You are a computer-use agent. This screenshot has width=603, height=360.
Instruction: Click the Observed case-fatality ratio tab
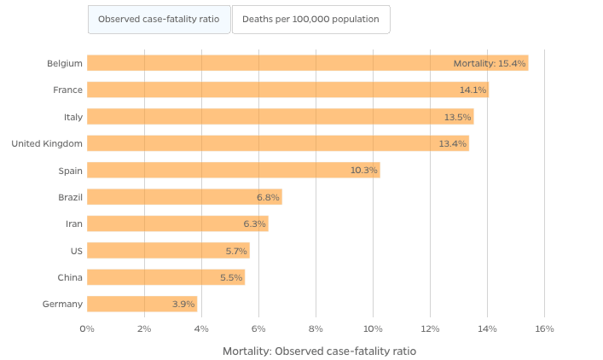click(159, 19)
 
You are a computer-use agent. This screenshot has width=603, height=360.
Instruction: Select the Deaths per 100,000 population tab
click(310, 19)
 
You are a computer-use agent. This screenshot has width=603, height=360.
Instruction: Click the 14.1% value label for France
click(473, 90)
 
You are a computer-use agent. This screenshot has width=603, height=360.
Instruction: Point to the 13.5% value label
click(458, 117)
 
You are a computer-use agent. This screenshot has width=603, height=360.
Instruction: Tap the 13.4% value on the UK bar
click(453, 143)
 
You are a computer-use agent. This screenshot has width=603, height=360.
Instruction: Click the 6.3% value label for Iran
click(255, 224)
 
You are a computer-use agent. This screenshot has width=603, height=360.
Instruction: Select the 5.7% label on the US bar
click(236, 251)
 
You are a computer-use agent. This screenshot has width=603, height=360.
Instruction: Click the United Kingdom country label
click(47, 143)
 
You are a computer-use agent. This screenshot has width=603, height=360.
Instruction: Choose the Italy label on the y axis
click(73, 117)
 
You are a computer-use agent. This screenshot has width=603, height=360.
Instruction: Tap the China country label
click(71, 277)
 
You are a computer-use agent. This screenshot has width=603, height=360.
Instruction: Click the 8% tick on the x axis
click(316, 328)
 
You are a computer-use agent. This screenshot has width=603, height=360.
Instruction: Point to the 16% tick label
click(544, 328)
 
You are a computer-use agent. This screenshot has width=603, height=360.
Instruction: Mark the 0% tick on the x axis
click(87, 328)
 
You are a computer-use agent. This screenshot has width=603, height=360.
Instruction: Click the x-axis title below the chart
click(319, 351)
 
